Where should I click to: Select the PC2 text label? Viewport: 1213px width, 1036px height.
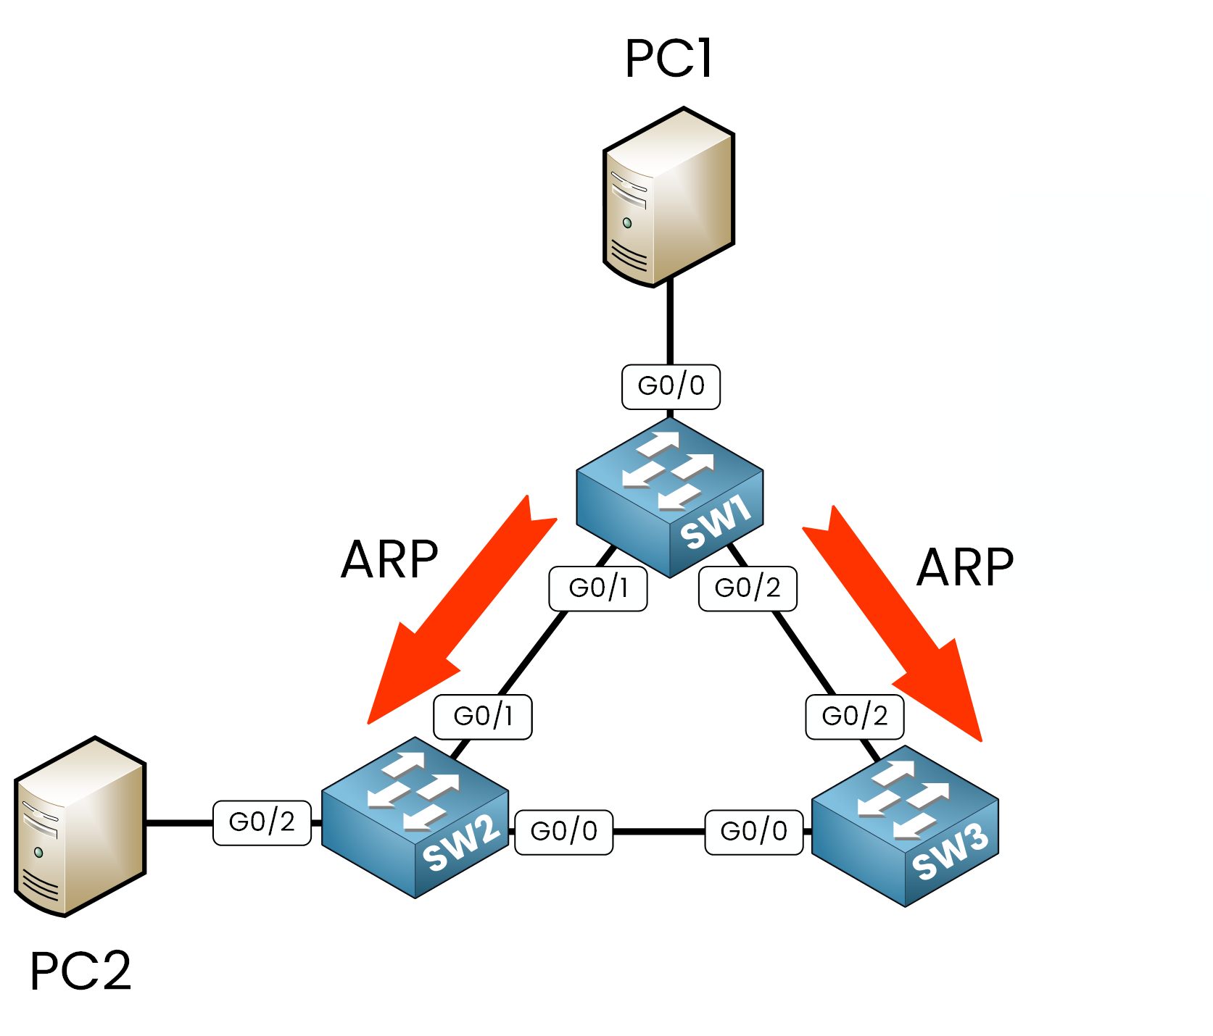[80, 970]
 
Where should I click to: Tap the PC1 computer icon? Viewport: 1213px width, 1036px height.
[668, 197]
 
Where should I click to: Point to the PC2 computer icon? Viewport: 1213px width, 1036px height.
[80, 827]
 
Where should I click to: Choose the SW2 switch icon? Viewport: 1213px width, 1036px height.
[415, 818]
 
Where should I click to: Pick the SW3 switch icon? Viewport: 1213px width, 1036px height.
[905, 826]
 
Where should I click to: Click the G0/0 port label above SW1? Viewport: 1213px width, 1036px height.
[671, 387]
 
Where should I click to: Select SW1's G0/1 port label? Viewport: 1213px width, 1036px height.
[598, 588]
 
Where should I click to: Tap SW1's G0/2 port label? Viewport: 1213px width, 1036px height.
[748, 588]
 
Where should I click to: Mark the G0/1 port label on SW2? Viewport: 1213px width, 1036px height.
[483, 717]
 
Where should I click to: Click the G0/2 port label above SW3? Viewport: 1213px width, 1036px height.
[855, 717]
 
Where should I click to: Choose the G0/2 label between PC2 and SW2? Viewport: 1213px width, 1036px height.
[262, 822]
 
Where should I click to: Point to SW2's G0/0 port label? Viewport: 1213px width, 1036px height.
[564, 832]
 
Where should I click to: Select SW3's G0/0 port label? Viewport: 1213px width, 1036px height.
[754, 832]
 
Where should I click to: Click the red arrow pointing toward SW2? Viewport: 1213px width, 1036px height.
[457, 616]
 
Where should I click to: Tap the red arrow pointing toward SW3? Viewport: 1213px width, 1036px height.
[895, 623]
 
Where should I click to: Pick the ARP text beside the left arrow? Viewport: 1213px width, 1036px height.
[389, 560]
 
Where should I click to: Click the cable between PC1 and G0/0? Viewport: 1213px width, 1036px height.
[670, 322]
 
